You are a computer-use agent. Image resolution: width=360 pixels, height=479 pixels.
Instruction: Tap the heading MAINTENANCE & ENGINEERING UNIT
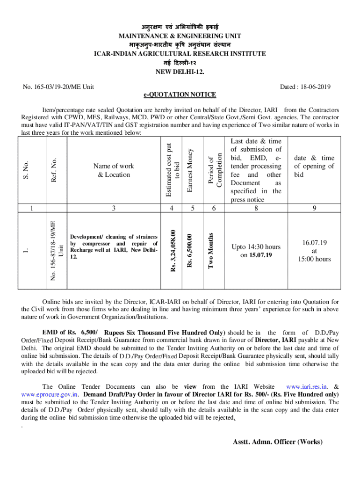click(180, 35)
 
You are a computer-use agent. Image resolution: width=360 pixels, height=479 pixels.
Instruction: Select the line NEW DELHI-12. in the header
click(180, 72)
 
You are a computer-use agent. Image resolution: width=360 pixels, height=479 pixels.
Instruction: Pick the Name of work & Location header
click(114, 170)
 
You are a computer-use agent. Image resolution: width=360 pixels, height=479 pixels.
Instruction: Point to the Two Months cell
click(211, 251)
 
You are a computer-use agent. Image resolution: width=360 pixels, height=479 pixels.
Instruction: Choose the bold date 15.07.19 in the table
click(260, 255)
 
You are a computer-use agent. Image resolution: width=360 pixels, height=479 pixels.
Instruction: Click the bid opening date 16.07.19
click(314, 243)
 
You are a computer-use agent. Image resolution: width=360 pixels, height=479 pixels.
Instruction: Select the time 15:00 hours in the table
click(314, 259)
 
